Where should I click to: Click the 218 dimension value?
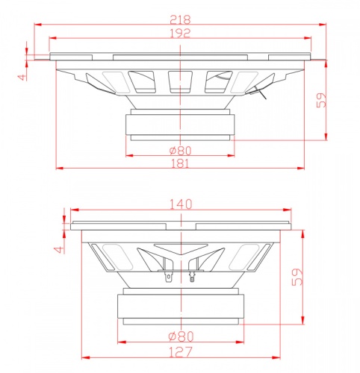(180, 19)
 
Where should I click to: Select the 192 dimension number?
(180, 33)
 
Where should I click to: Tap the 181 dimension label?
(180, 163)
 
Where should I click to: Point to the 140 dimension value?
(181, 204)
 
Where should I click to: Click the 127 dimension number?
(181, 352)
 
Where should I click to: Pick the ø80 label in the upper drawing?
(180, 151)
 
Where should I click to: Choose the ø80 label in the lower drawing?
(181, 336)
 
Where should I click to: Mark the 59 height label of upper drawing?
(321, 100)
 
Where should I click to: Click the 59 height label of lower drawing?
(297, 277)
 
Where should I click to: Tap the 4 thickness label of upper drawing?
(22, 77)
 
